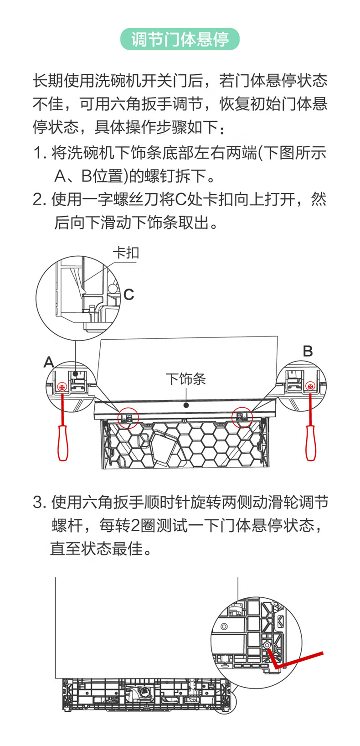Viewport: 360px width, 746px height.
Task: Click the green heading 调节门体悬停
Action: click(x=180, y=40)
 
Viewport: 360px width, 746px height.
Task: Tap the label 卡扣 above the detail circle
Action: click(x=126, y=253)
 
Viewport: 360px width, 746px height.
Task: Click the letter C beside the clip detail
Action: click(x=129, y=294)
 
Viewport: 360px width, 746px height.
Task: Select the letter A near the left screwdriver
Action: click(x=49, y=363)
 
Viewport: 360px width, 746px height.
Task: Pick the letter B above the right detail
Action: click(x=308, y=351)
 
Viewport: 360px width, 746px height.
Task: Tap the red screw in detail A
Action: click(x=62, y=387)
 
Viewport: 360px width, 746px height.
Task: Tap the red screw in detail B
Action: click(x=310, y=387)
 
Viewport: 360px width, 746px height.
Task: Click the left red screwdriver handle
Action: click(x=62, y=442)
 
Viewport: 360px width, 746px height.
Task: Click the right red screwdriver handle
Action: click(x=310, y=442)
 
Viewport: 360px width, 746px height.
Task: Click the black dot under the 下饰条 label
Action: click(x=186, y=404)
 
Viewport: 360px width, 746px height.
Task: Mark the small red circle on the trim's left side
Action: click(x=128, y=417)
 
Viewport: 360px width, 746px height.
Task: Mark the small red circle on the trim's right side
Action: click(x=242, y=416)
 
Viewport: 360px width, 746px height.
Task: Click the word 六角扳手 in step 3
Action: click(x=113, y=503)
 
